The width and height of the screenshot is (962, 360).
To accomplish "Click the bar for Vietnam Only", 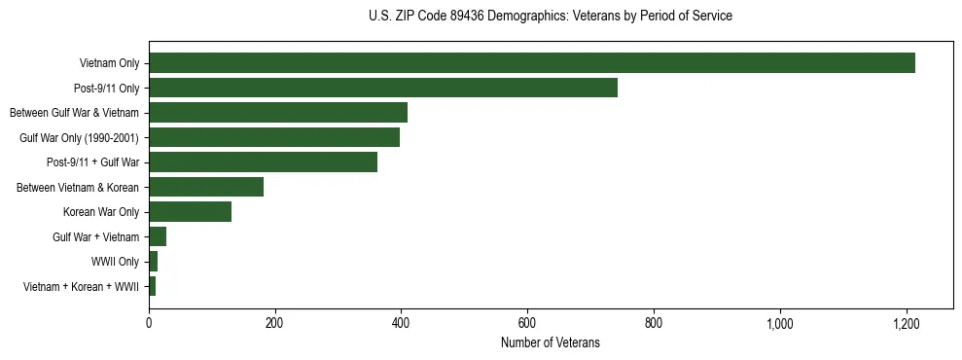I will pos(531,63).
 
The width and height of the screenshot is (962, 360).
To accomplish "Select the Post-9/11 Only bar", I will pos(383,88).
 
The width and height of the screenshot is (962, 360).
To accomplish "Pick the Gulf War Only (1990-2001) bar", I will pos(274,137).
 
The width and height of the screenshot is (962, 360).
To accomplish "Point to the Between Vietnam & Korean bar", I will pos(206,187).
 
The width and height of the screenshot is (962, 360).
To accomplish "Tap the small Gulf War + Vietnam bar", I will pos(158,236).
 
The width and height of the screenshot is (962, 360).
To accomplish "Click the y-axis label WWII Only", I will pos(115,262).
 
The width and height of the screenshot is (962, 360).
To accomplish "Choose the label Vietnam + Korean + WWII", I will pos(81,287).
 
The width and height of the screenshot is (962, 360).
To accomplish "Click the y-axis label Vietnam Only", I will pos(109,64).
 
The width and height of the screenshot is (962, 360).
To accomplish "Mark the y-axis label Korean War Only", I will pos(101,212).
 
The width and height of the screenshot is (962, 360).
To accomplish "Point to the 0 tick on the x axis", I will pos(149,323).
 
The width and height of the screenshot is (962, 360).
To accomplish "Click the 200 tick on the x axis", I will pos(275,323).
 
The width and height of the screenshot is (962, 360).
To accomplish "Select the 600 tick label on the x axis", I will pos(527,323).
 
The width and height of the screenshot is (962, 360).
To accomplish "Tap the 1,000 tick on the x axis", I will pos(780,323).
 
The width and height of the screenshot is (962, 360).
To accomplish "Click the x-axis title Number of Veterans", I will pos(550,342).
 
